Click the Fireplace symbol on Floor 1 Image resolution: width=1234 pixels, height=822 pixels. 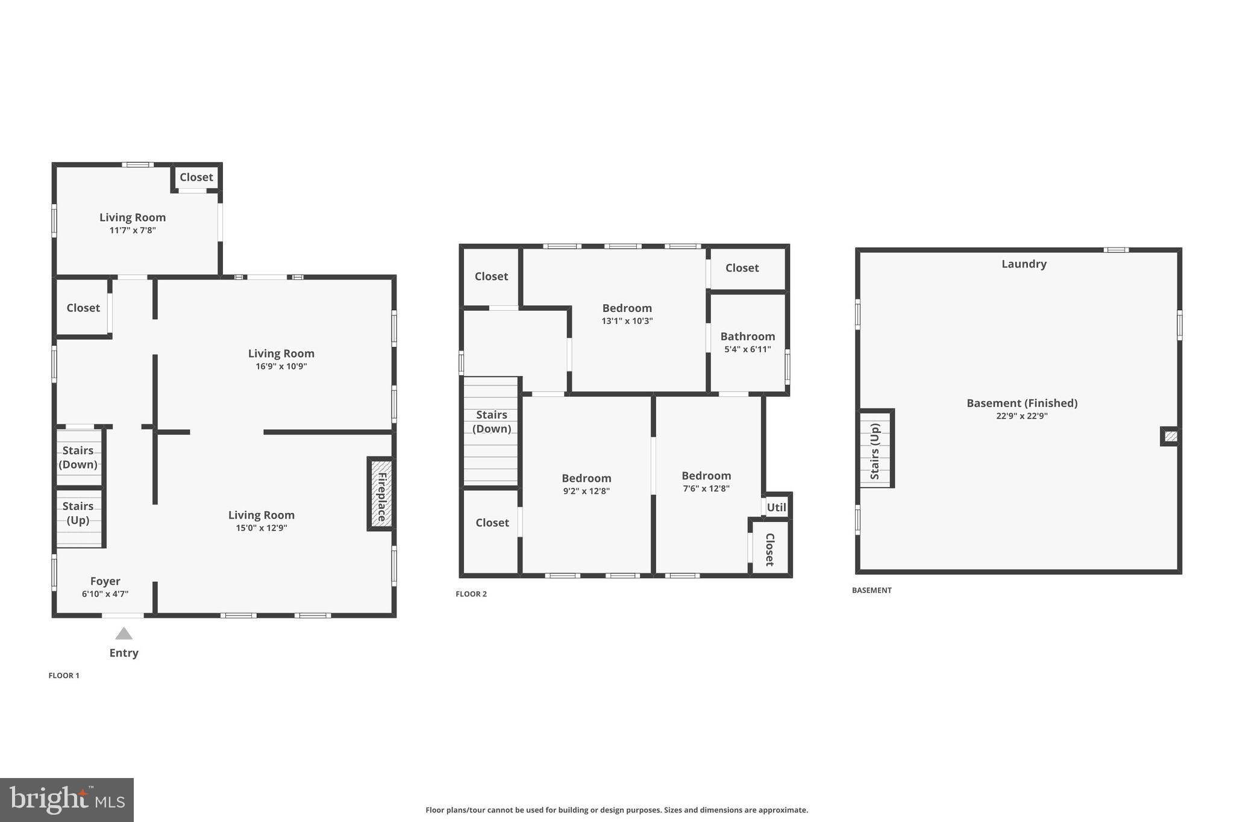tap(381, 494)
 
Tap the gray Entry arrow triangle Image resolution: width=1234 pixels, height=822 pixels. tap(124, 634)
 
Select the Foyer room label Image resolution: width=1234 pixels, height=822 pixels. tap(105, 581)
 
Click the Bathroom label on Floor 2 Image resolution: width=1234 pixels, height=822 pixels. tap(747, 337)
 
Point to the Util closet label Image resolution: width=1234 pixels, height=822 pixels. tap(776, 507)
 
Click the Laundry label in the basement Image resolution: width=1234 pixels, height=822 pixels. tap(1024, 264)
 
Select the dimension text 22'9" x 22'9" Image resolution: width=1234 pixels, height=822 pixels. tap(1022, 416)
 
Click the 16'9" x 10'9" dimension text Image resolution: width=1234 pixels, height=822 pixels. tap(281, 366)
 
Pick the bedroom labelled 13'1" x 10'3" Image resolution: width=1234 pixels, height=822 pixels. tap(627, 308)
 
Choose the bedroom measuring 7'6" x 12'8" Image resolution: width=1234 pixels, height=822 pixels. tap(706, 476)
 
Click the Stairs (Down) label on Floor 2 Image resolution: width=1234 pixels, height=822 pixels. tap(491, 422)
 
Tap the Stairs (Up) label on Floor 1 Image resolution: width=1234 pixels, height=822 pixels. tap(78, 513)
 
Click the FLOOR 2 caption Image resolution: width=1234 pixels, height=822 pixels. tap(471, 594)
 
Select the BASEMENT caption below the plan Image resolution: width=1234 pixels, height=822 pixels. tap(871, 590)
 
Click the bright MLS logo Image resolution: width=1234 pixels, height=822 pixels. tap(67, 800)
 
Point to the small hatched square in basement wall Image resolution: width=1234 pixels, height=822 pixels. tap(1170, 436)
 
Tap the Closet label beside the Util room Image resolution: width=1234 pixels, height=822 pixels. tap(769, 549)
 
